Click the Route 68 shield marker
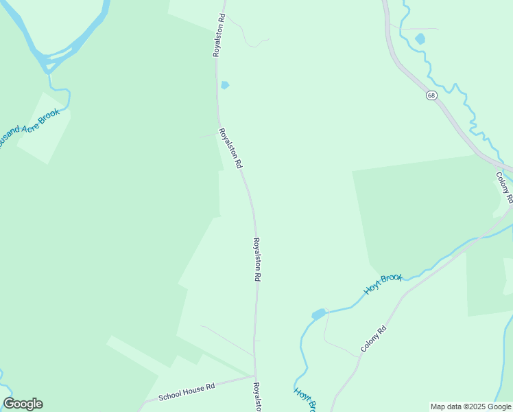431,95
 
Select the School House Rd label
187,392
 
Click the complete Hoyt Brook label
383,284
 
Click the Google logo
23,404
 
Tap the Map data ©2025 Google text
470,407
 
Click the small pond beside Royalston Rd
224,85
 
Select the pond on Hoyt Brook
318,314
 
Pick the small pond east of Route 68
420,39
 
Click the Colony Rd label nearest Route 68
504,187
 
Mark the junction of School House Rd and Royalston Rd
255,376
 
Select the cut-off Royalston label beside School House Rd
257,397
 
